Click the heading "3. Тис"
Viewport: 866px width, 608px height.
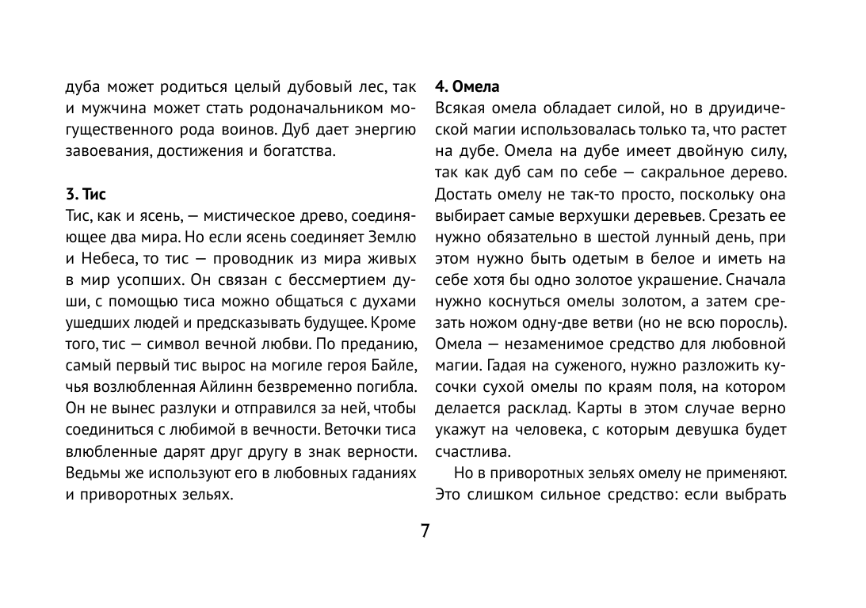click(85, 194)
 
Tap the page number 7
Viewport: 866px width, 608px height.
click(425, 530)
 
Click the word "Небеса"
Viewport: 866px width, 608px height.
click(110, 259)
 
